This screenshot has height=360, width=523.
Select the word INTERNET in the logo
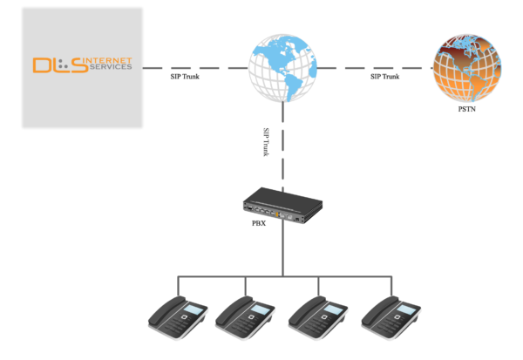(x=111, y=61)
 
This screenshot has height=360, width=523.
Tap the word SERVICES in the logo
(x=112, y=68)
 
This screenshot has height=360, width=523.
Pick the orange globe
(x=467, y=66)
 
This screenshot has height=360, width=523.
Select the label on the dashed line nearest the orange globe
(x=384, y=76)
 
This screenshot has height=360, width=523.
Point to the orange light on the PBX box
(x=276, y=212)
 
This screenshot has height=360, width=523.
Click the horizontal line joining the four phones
(x=282, y=276)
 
